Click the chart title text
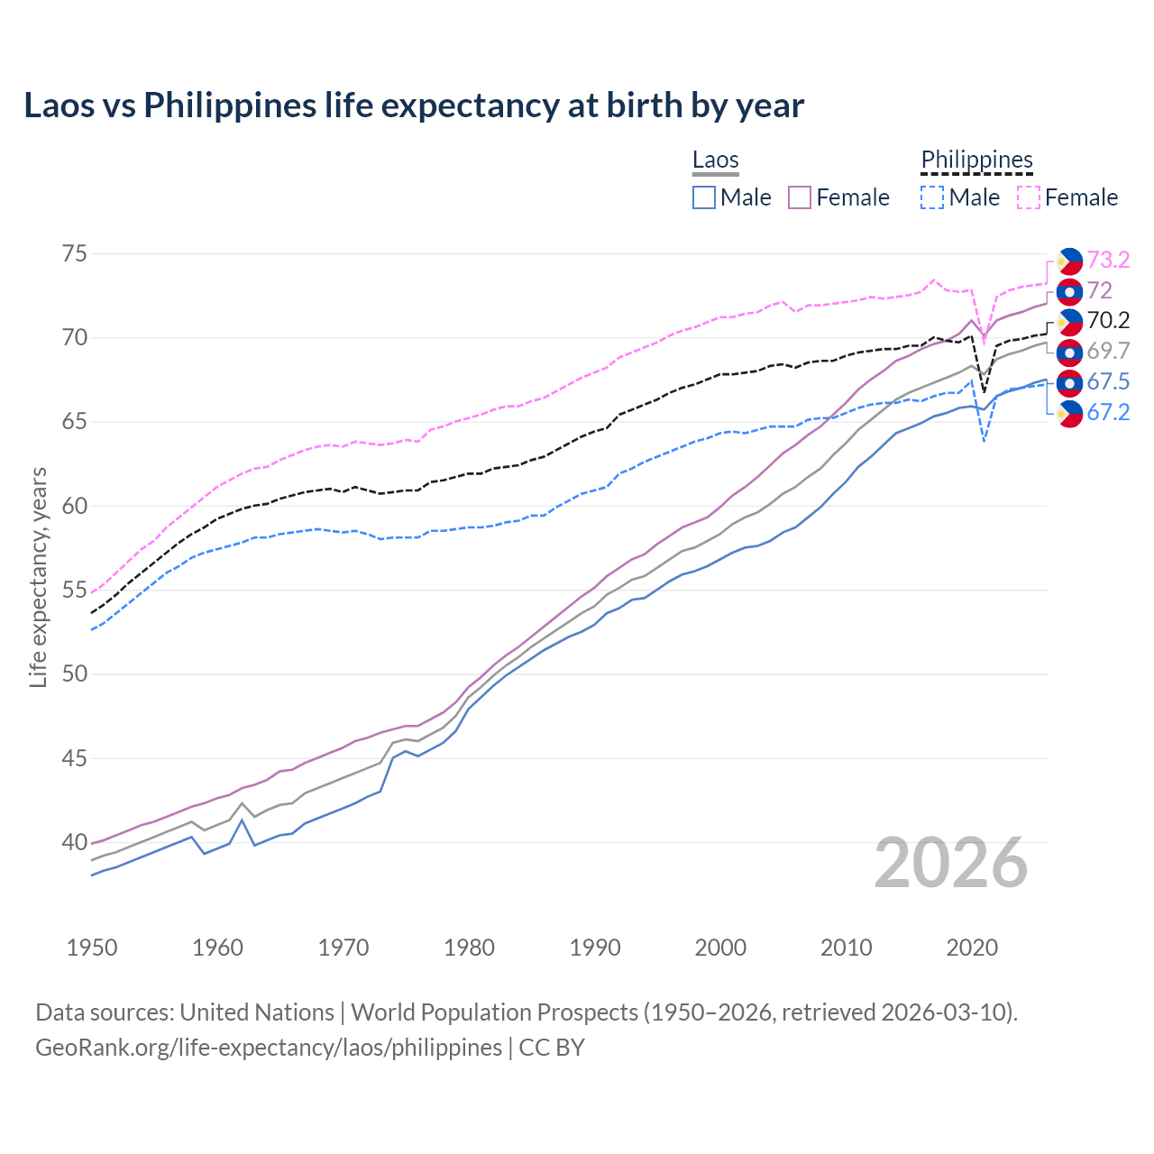tap(414, 105)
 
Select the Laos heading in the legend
tap(715, 160)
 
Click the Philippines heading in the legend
tap(976, 160)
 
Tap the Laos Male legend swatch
tap(704, 197)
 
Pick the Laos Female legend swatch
tap(800, 197)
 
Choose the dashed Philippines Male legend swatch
tap(932, 197)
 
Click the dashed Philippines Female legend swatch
tap(1029, 197)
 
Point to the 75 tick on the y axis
tap(75, 253)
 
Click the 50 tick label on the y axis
tap(75, 674)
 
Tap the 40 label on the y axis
tap(75, 843)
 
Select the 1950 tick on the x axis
tap(92, 948)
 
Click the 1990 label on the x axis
tap(595, 948)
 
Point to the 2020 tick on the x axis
tap(972, 948)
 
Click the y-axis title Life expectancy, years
tap(38, 577)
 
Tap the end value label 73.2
tap(1108, 261)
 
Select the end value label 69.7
tap(1108, 352)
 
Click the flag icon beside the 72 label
tap(1069, 291)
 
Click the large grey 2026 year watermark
tap(951, 863)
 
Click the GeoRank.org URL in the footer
tap(269, 1048)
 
